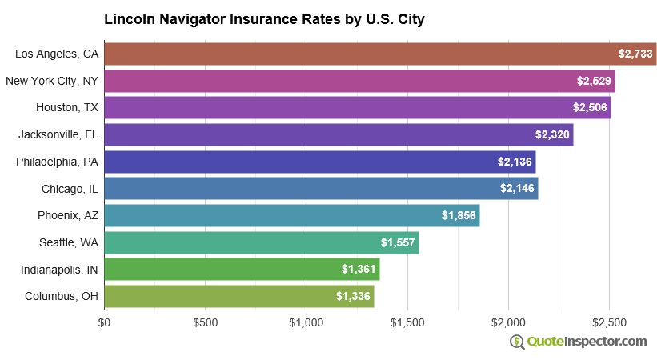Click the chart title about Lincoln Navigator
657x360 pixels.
click(264, 18)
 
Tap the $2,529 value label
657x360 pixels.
click(595, 81)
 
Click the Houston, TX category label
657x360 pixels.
click(67, 107)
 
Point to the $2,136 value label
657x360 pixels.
click(514, 162)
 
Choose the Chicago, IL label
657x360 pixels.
click(70, 189)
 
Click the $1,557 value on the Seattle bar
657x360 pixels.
click(398, 242)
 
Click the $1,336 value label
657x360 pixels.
click(353, 296)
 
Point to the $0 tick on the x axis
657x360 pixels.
click(105, 322)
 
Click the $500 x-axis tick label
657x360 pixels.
click(206, 322)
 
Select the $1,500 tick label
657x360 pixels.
click(407, 322)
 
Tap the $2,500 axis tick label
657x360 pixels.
click(609, 322)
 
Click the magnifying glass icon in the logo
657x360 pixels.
click(517, 342)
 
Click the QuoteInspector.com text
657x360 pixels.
click(587, 342)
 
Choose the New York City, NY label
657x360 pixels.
click(52, 81)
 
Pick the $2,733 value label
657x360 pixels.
click(635, 54)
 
